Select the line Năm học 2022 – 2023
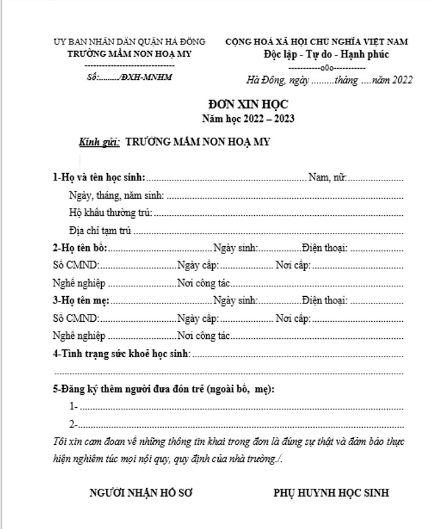248,118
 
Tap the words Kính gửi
99,142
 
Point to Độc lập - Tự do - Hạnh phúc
317,54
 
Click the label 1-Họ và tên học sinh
99,178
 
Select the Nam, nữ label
327,178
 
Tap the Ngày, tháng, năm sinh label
116,196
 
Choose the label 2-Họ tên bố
80,248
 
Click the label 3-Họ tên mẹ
81,300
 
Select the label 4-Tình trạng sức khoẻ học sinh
122,353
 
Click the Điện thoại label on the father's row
324,248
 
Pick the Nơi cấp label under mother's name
293,318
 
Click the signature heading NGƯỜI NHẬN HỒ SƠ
141,493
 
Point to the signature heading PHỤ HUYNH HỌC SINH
331,493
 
